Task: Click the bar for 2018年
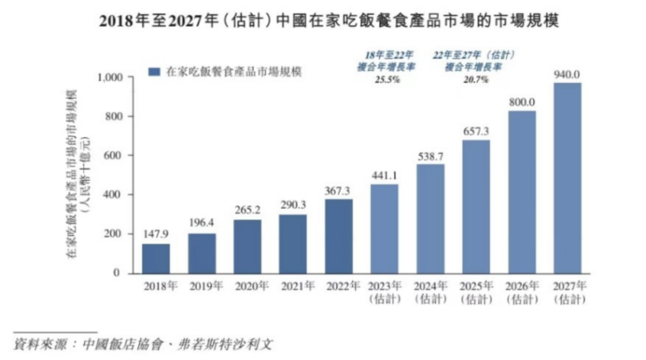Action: point(156,258)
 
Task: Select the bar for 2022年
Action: point(339,236)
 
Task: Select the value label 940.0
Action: point(567,74)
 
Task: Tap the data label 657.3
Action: point(476,131)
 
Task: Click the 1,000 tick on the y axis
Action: point(109,78)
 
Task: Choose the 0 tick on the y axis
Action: point(118,273)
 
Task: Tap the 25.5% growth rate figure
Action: point(386,79)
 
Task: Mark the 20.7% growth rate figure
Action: point(476,79)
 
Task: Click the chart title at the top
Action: point(323,22)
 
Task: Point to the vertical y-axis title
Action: point(77,173)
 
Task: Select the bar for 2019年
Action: point(202,253)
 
